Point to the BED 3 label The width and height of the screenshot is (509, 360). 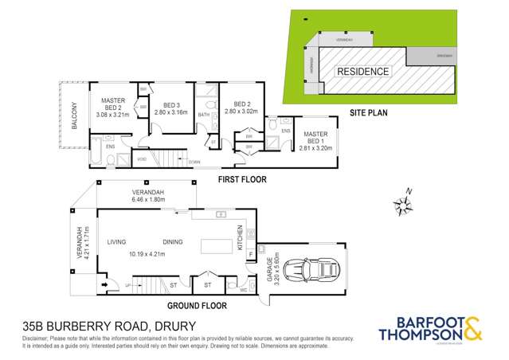[x=172, y=105]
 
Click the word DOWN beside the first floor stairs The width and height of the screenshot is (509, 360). [x=194, y=162]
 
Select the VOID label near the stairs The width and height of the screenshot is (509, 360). [x=141, y=159]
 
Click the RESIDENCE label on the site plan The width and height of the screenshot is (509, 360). [x=363, y=71]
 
